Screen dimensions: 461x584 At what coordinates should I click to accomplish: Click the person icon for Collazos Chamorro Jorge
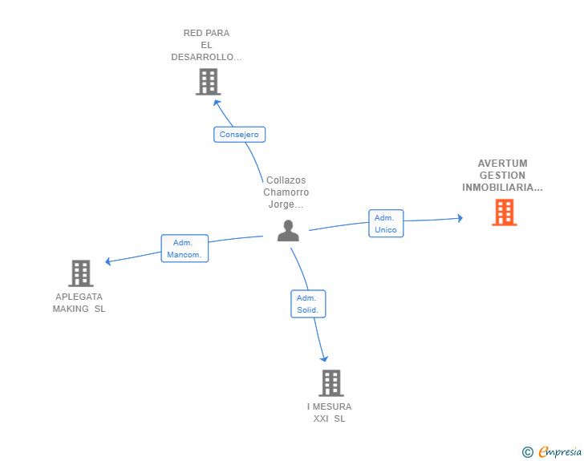288,230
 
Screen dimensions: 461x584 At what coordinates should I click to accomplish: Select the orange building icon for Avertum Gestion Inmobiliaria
504,212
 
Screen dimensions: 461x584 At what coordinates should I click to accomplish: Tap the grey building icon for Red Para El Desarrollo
208,82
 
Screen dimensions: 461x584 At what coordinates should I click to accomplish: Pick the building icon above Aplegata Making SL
81,273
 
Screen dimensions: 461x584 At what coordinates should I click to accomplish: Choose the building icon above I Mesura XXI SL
331,383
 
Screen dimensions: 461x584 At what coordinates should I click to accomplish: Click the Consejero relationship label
239,135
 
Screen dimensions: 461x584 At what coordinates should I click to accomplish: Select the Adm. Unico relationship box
386,224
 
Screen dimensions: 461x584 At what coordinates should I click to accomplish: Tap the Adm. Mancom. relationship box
185,249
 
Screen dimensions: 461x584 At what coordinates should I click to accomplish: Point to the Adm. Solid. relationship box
308,304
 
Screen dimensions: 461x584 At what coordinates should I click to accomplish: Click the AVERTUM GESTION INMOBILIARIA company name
502,176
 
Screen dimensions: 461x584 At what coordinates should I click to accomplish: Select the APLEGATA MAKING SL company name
79,302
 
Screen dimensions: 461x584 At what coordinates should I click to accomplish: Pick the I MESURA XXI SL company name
329,412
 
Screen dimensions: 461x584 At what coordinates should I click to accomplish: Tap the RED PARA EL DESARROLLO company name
207,45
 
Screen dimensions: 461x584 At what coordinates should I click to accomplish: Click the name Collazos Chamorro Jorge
286,192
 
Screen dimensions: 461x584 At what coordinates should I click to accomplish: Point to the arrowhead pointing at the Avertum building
460,217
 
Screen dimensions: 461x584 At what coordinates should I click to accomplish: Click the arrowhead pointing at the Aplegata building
107,261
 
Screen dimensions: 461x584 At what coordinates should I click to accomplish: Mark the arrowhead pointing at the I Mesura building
325,359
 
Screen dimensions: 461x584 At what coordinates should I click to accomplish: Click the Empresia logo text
560,452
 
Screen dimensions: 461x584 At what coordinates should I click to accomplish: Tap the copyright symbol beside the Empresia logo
528,452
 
